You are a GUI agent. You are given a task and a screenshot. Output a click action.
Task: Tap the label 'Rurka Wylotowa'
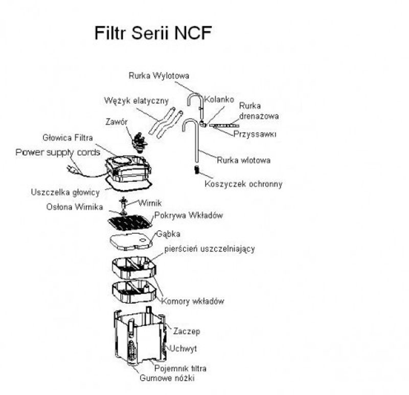pos(158,76)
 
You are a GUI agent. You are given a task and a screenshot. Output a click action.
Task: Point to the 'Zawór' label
pos(117,122)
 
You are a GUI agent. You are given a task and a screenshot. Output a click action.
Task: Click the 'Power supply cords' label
pos(57,152)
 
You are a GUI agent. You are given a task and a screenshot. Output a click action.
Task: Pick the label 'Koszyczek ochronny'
pos(243,184)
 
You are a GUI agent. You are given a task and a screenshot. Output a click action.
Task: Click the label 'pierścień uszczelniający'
pos(210,249)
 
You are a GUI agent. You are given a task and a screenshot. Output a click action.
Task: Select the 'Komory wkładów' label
pos(193,301)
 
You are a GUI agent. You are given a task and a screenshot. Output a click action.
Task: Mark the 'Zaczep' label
pos(186,331)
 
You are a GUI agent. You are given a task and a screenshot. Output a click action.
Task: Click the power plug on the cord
pos(72,169)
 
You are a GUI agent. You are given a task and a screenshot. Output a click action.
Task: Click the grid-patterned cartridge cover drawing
pos(130,222)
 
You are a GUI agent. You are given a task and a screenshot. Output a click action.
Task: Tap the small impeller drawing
pos(123,203)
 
